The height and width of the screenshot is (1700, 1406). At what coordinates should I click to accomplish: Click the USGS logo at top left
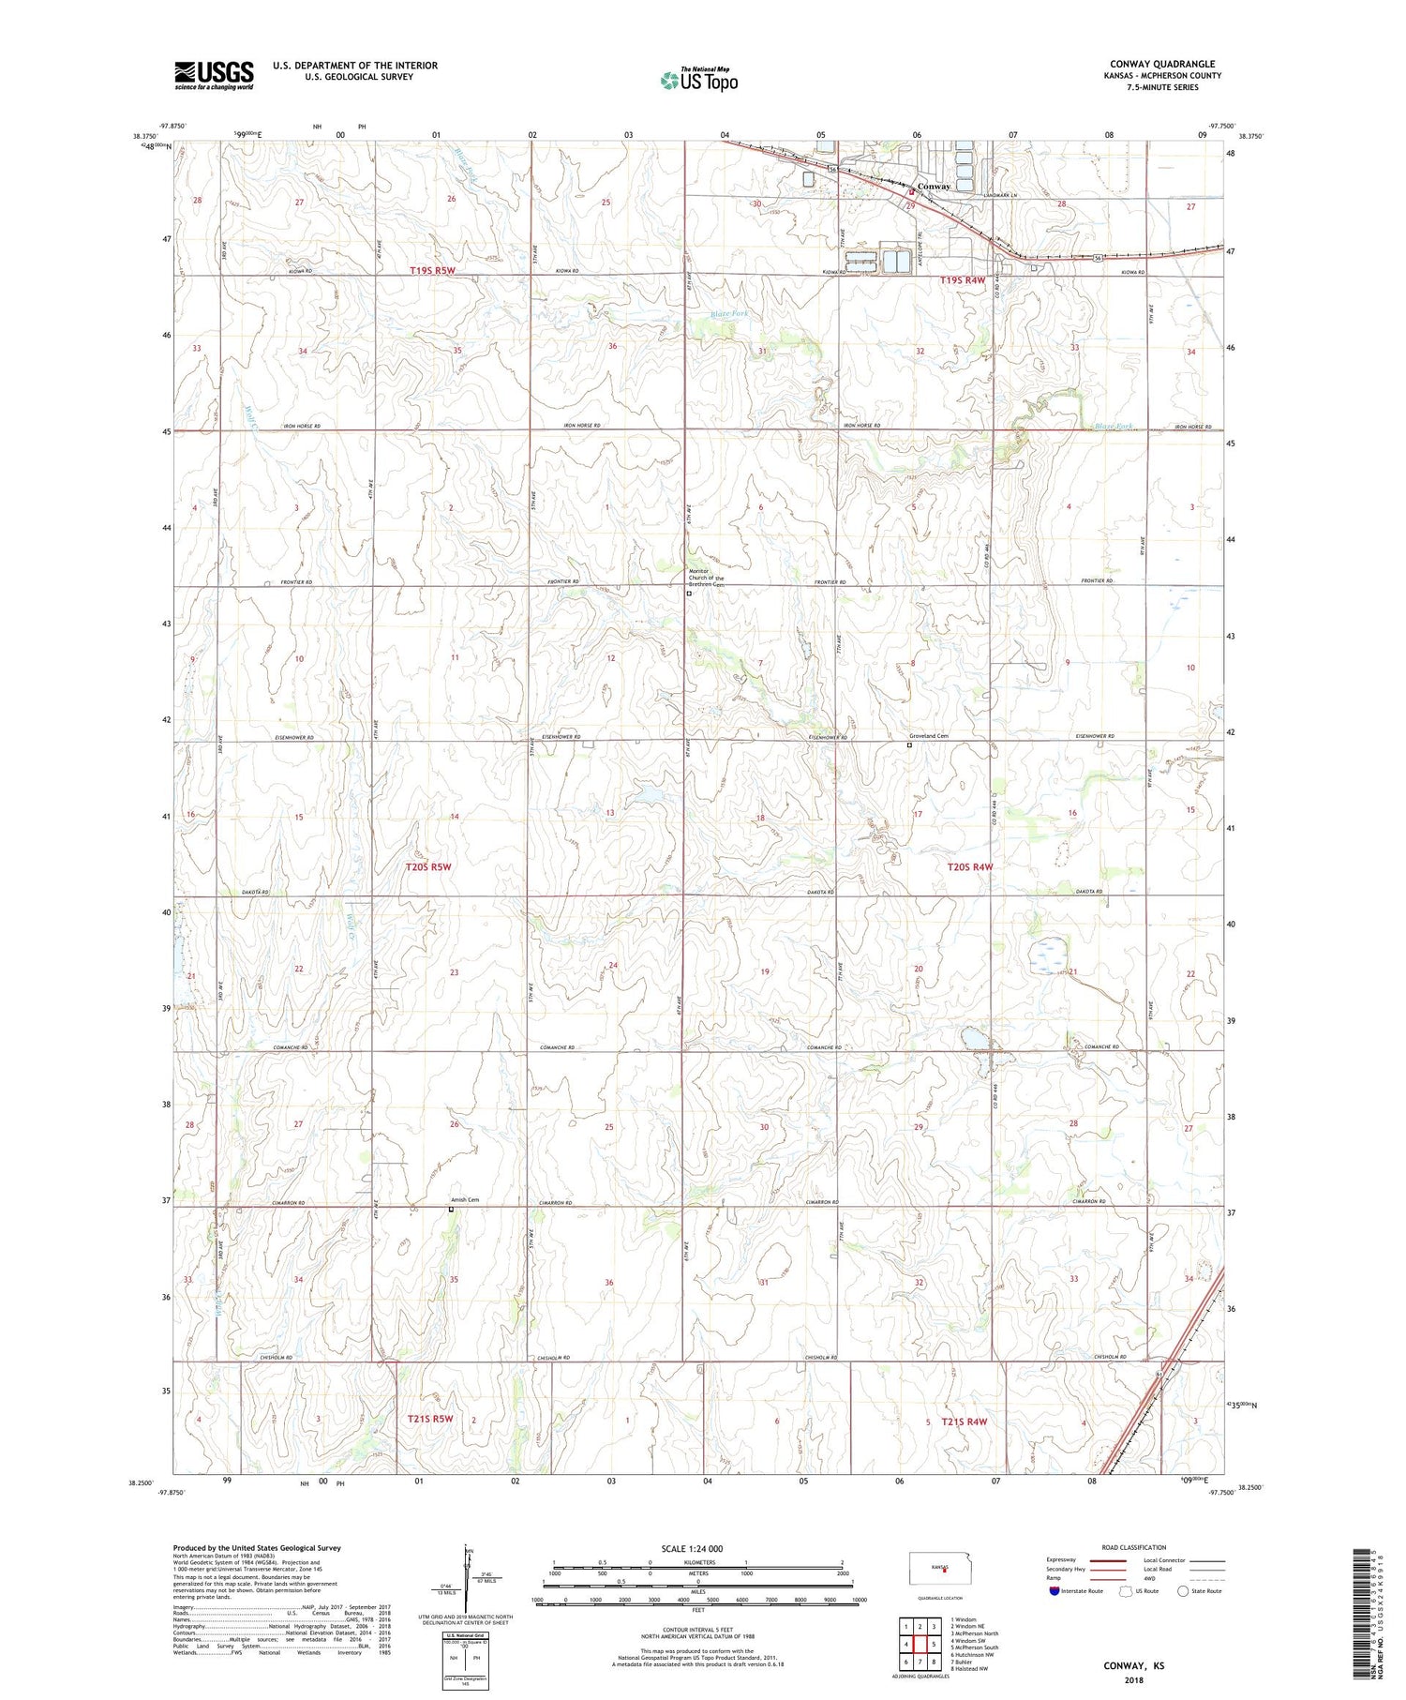pyautogui.click(x=214, y=74)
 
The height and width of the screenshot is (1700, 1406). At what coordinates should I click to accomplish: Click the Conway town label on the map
pyautogui.click(x=934, y=186)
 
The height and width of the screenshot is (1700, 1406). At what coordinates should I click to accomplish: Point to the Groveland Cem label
pyautogui.click(x=928, y=736)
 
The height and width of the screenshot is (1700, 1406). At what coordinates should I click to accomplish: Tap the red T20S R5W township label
pyautogui.click(x=428, y=866)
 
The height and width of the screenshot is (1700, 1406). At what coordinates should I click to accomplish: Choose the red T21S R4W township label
pyautogui.click(x=965, y=1422)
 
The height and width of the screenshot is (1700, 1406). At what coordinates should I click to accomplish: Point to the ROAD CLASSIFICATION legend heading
pyautogui.click(x=1134, y=1547)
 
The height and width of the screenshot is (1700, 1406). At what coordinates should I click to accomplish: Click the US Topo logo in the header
pyautogui.click(x=698, y=81)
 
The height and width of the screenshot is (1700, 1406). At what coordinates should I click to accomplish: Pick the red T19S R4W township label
pyautogui.click(x=963, y=280)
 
